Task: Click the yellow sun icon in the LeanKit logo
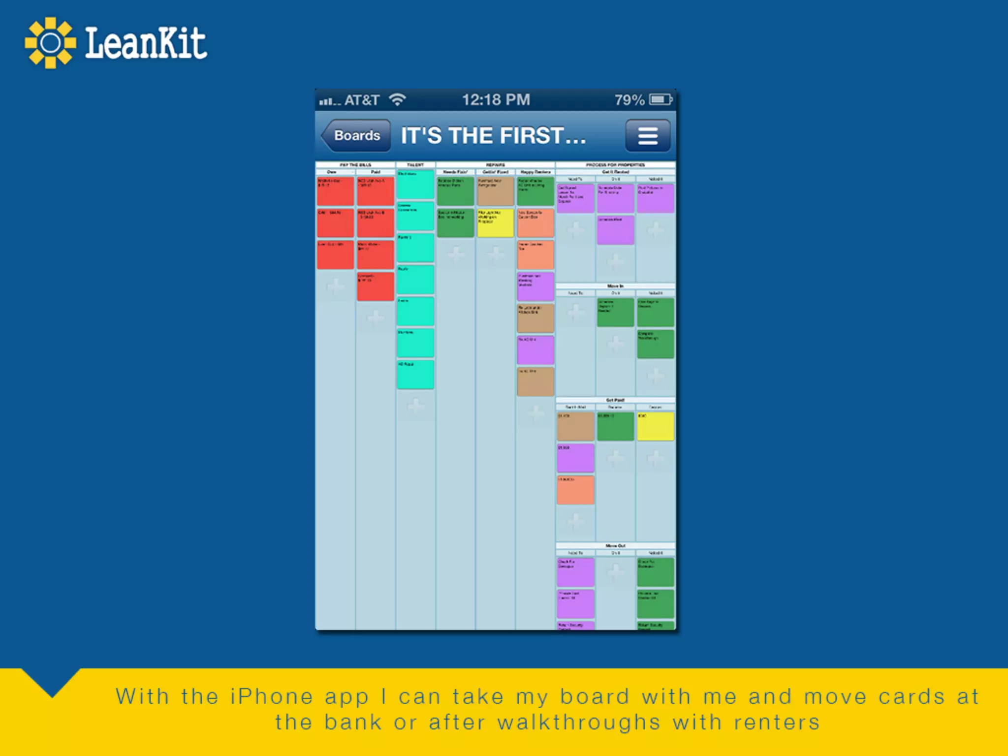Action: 50,43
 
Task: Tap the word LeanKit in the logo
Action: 146,43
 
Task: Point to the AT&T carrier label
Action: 362,100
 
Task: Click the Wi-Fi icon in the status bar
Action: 397,100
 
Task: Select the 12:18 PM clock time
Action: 496,100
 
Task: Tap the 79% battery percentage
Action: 629,100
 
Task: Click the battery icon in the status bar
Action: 661,100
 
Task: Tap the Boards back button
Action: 356,135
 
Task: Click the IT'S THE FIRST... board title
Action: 493,136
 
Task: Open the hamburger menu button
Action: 648,136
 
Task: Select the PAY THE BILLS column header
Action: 355,165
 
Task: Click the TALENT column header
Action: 415,165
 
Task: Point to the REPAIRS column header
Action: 495,165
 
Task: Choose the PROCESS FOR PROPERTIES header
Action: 615,165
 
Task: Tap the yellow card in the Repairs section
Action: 495,223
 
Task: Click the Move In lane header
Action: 615,286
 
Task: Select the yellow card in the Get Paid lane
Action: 655,426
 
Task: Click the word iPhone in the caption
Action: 271,697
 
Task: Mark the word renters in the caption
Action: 777,723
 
